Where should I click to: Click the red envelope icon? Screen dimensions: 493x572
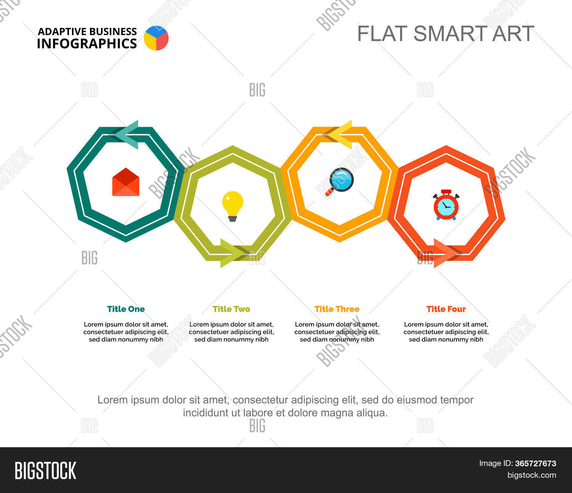tap(126, 182)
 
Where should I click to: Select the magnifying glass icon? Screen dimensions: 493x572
tap(340, 181)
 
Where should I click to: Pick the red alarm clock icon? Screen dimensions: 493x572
tap(446, 205)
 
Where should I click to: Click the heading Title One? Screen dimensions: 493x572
tap(126, 309)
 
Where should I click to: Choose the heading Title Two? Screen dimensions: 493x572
tap(231, 309)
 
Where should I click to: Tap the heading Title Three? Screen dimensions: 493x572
tap(337, 309)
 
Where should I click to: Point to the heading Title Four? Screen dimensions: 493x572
tap(446, 309)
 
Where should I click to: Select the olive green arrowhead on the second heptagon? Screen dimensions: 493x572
tap(231, 253)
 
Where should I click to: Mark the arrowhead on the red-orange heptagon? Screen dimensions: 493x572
tap(445, 253)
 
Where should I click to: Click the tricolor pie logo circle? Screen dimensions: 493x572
tap(156, 38)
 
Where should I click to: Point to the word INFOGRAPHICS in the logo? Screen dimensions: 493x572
tap(87, 44)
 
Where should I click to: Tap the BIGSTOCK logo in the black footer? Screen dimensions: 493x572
tap(45, 470)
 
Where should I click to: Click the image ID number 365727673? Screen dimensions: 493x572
tap(535, 464)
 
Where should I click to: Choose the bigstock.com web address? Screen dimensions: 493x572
tap(532, 475)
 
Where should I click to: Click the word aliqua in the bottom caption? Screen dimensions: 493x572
tap(373, 413)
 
